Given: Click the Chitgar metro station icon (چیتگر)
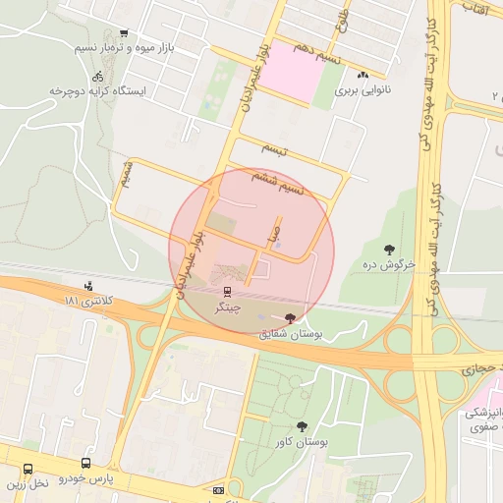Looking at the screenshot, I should click(x=228, y=291).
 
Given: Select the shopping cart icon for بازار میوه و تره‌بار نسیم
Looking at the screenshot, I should click(x=123, y=33).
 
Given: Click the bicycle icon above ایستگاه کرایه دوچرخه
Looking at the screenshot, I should click(x=97, y=76).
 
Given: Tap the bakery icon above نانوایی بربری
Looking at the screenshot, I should click(x=363, y=75).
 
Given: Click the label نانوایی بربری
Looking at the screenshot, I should click(x=363, y=89).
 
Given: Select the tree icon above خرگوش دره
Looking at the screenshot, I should click(x=390, y=250).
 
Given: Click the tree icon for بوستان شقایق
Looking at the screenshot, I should click(x=289, y=317).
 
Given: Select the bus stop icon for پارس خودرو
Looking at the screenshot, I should click(x=86, y=463).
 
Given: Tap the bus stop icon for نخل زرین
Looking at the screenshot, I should click(x=28, y=469).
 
